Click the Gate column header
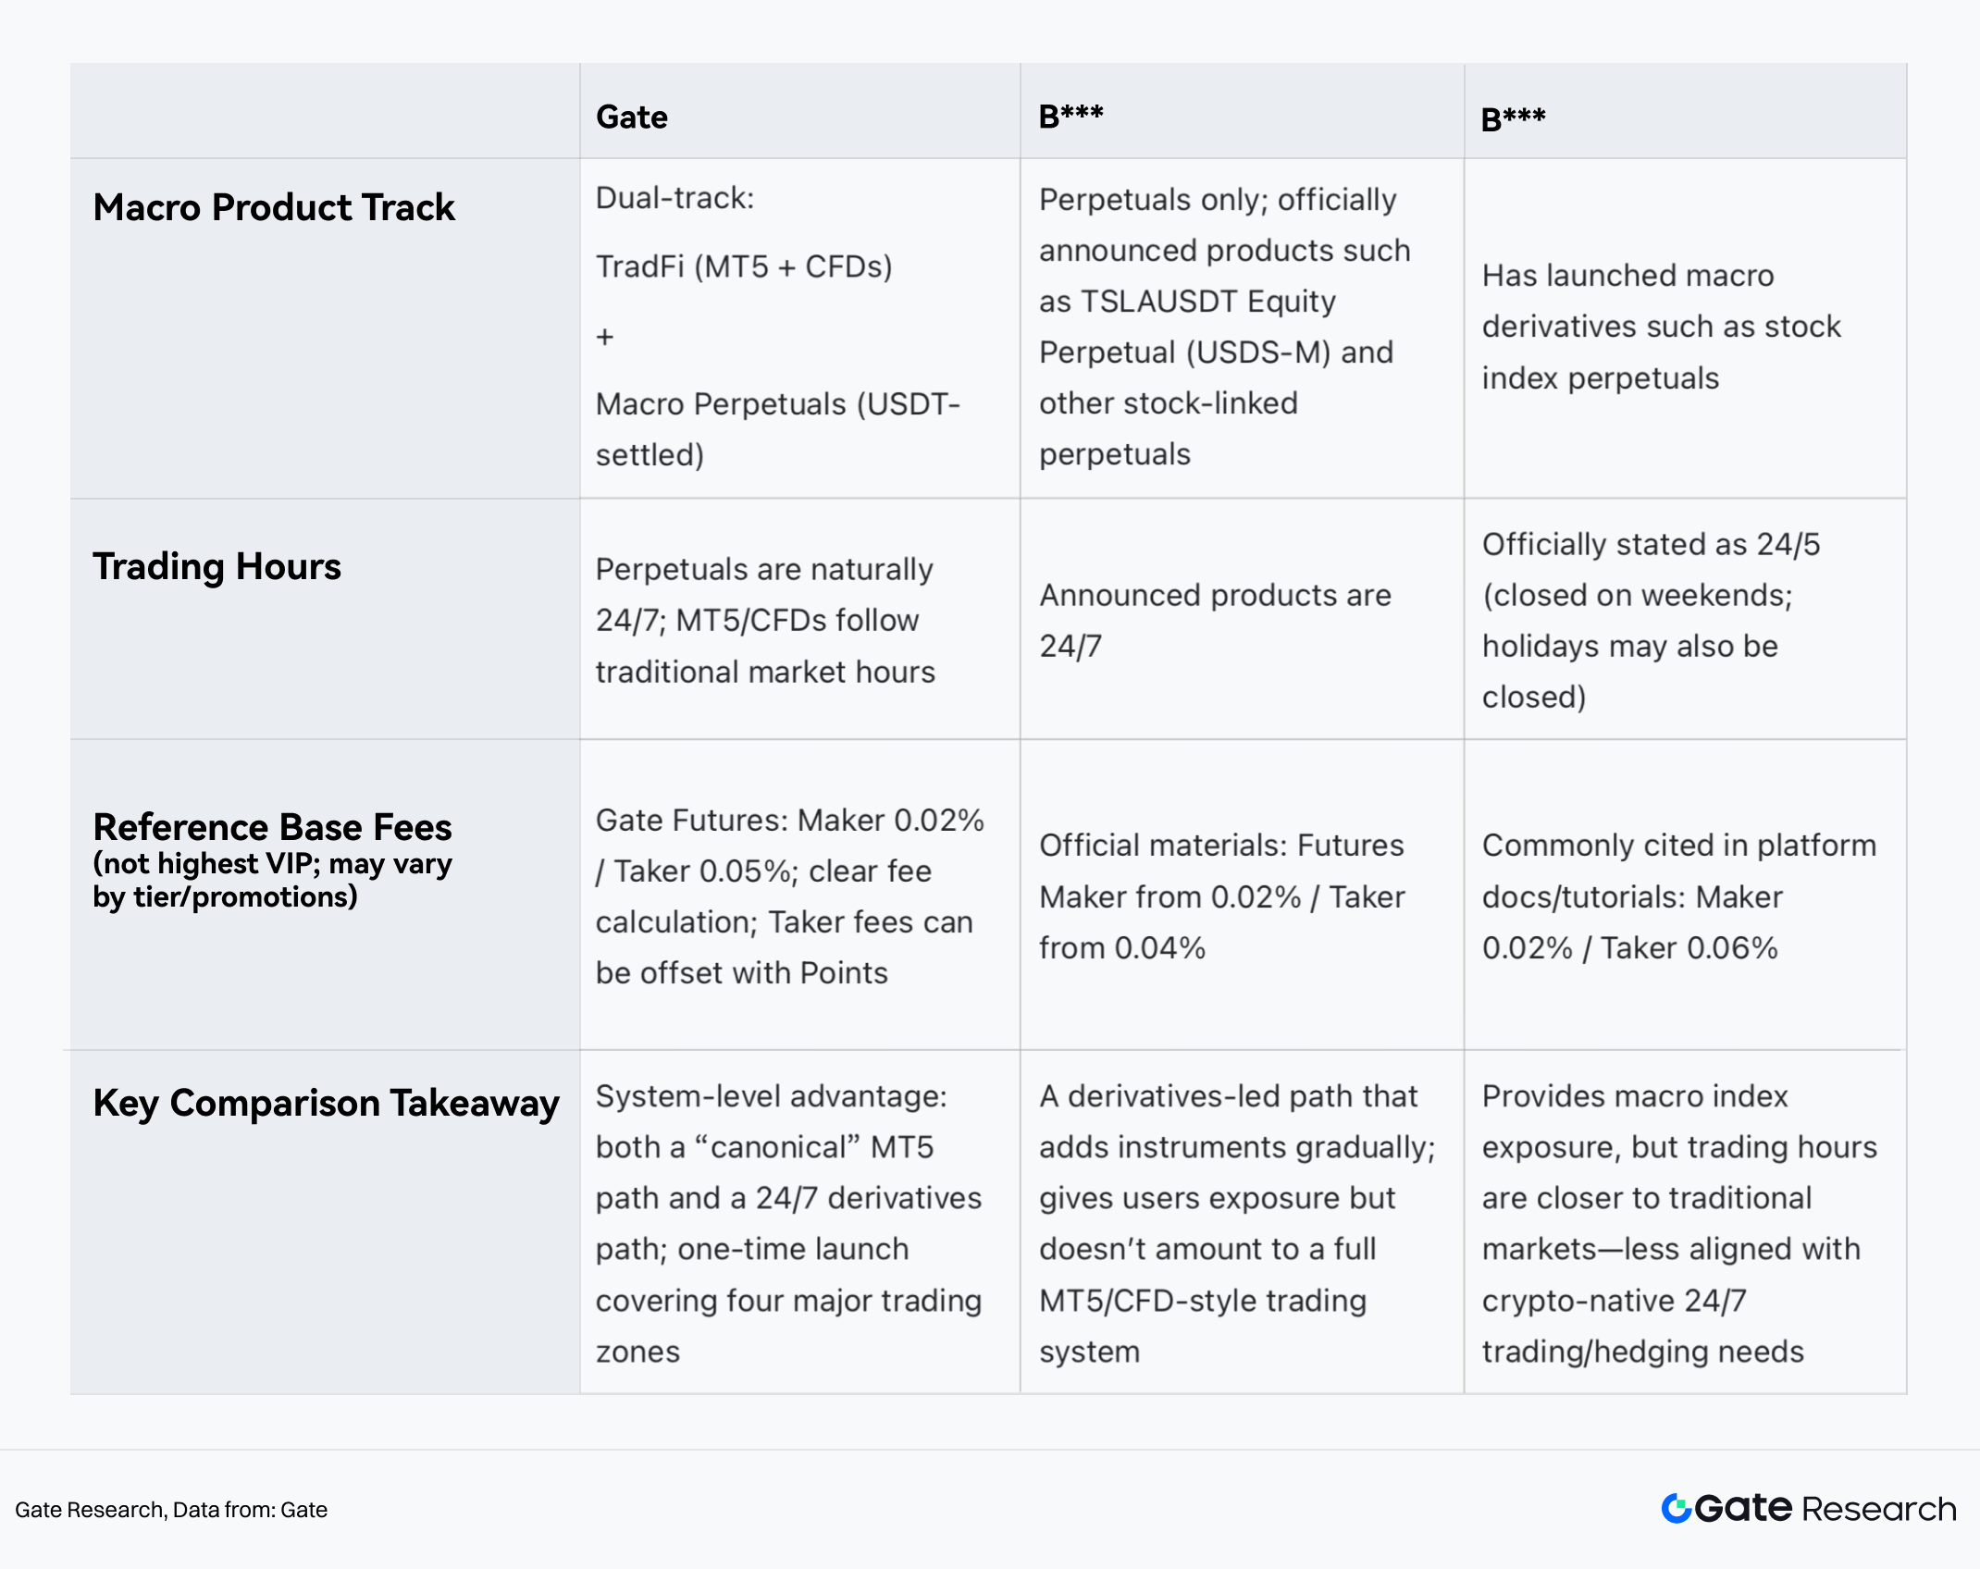coord(631,117)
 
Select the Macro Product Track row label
coord(274,207)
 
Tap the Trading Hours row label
coord(217,566)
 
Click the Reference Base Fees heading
coord(272,827)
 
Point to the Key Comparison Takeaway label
coord(326,1103)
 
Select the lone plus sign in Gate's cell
coord(605,337)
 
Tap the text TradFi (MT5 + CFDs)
coord(743,267)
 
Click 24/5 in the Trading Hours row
coord(1788,545)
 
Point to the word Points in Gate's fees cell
coord(843,973)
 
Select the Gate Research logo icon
coord(1676,1509)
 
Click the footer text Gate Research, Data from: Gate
coord(171,1510)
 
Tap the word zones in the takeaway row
coord(637,1353)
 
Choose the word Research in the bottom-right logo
coord(1878,1510)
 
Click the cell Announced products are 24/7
coord(1214,621)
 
